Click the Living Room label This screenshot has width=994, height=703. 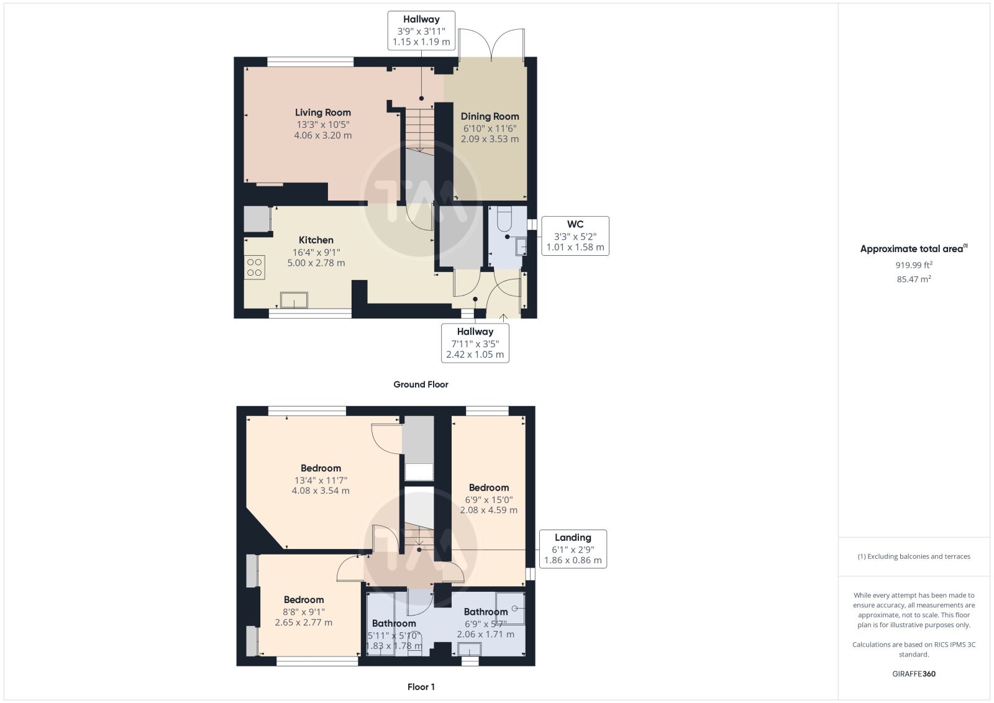(x=322, y=112)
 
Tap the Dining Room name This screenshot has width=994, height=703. (x=490, y=116)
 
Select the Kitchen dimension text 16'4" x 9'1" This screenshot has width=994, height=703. (x=316, y=252)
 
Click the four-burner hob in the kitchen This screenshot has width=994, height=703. (x=254, y=268)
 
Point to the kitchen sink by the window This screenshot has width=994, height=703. (x=294, y=301)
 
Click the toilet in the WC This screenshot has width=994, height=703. (x=504, y=219)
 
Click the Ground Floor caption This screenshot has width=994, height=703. (x=421, y=384)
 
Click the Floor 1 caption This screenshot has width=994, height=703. (x=421, y=687)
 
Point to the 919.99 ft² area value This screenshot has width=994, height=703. (x=914, y=265)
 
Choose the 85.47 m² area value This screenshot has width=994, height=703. (x=914, y=279)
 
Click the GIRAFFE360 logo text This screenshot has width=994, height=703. (x=914, y=674)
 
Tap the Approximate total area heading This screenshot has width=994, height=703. (x=914, y=249)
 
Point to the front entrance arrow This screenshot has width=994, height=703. (x=503, y=317)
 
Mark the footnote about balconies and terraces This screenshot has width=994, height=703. (x=914, y=556)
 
